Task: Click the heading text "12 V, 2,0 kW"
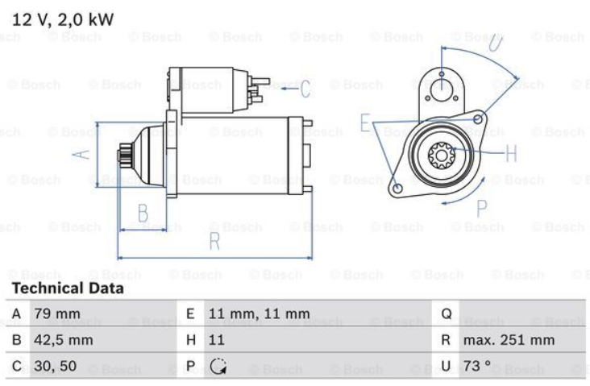(62, 17)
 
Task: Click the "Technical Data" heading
(68, 288)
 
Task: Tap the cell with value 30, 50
(55, 366)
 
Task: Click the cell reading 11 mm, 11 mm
(258, 313)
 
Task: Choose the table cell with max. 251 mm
(508, 340)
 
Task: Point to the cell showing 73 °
(476, 366)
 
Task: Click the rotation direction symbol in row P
(217, 367)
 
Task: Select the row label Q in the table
(447, 313)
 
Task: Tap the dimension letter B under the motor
(142, 214)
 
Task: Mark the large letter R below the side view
(214, 241)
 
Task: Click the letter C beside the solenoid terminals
(305, 89)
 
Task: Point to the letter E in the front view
(366, 123)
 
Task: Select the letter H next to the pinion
(511, 152)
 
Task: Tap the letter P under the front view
(481, 209)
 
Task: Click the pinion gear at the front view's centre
(440, 152)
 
